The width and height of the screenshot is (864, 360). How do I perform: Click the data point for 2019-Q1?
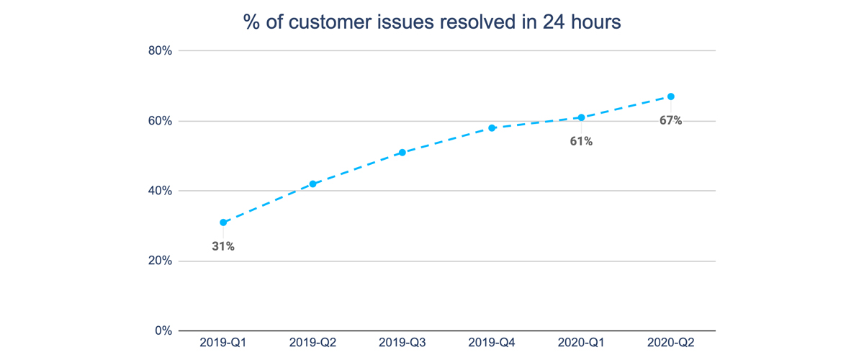[x=223, y=222]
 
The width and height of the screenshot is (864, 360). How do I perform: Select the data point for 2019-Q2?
[x=312, y=184]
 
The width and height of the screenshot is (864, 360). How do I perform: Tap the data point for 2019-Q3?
[x=402, y=153]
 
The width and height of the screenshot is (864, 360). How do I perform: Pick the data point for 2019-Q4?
[x=492, y=128]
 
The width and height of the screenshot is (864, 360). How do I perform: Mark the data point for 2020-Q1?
[x=581, y=117]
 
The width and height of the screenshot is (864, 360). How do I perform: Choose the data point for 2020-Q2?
[x=671, y=96]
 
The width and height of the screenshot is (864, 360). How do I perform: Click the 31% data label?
[x=223, y=246]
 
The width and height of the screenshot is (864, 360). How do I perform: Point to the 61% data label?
[x=581, y=141]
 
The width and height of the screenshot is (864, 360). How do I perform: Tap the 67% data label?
[x=671, y=120]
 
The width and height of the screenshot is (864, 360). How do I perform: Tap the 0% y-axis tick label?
[x=163, y=331]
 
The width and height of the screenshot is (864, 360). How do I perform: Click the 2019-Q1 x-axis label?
[x=223, y=343]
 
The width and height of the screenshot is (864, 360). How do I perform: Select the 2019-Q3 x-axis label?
[x=402, y=343]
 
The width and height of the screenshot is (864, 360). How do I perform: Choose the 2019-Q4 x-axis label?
[x=492, y=343]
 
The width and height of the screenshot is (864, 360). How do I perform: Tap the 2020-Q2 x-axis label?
[x=671, y=343]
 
